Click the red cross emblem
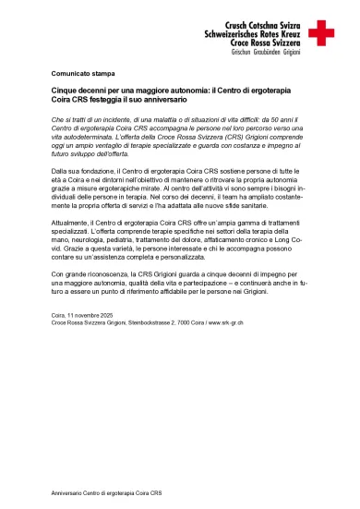(x=322, y=33)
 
